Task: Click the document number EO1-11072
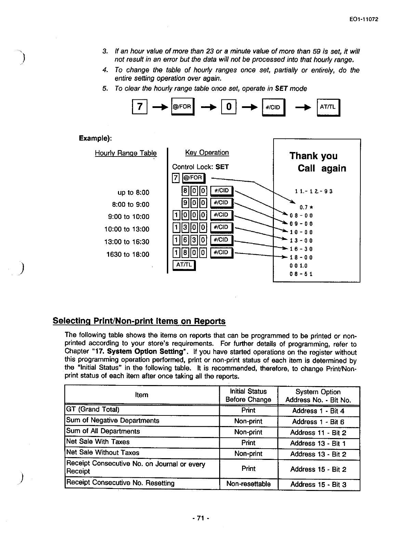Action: pos(364,19)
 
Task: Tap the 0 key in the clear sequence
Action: pos(229,107)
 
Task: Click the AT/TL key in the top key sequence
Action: pos(328,107)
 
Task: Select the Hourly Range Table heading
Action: pos(125,153)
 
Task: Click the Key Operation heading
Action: pos(207,152)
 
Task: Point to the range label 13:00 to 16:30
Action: pos(127,242)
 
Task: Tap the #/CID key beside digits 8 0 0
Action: pos(221,191)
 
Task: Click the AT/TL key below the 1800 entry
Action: pos(184,265)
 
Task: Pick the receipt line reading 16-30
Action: pos(301,249)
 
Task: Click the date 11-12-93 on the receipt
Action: pos(313,191)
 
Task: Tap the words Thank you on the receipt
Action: pos(313,156)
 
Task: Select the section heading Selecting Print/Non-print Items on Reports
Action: pos(139,321)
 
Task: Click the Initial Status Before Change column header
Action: pos(248,395)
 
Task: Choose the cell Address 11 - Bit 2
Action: pos(318,433)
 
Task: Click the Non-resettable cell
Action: pos(248,484)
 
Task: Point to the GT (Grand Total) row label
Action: pos(93,409)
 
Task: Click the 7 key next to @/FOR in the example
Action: pos(175,178)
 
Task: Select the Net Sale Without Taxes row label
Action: pos(103,452)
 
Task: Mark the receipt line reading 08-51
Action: pos(301,274)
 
